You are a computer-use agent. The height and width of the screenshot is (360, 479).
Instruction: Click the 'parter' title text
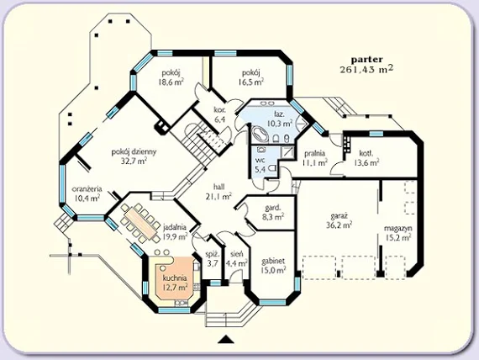(x=366, y=60)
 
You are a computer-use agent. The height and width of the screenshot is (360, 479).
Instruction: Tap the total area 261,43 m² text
(x=366, y=70)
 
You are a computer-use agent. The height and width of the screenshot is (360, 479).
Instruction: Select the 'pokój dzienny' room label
(x=134, y=151)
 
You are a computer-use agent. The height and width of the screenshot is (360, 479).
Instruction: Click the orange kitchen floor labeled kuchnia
(x=175, y=278)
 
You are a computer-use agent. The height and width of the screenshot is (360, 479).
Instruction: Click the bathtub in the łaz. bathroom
(x=260, y=135)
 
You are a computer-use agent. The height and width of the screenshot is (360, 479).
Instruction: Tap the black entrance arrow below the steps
(x=226, y=339)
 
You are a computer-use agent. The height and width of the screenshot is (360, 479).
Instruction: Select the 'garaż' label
(x=339, y=216)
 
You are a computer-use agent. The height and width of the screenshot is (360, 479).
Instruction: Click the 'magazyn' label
(x=398, y=228)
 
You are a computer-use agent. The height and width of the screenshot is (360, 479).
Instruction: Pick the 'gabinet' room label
(x=273, y=262)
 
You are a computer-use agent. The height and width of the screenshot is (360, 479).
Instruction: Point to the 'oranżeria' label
(x=87, y=189)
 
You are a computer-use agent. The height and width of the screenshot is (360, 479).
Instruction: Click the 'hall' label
(x=219, y=187)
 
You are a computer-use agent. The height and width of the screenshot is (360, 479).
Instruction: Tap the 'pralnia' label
(x=314, y=154)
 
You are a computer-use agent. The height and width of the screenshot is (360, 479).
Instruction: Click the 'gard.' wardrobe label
(x=273, y=208)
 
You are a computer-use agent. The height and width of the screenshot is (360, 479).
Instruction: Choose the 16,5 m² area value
(x=251, y=82)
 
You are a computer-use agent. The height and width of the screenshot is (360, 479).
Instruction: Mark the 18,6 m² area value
(x=171, y=82)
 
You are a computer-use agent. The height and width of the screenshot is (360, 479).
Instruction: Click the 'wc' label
(x=260, y=161)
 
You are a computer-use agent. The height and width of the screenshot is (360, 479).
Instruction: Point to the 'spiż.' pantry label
(x=213, y=255)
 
